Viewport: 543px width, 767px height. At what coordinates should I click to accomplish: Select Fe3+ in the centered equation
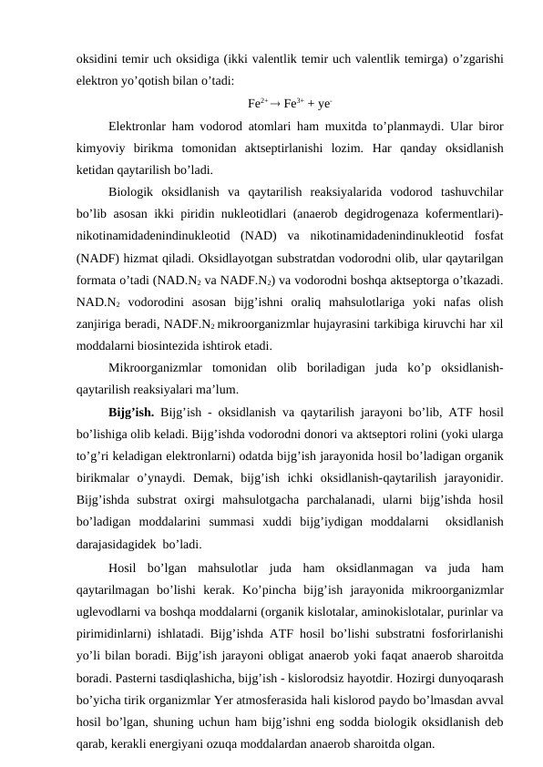pos(294,103)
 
